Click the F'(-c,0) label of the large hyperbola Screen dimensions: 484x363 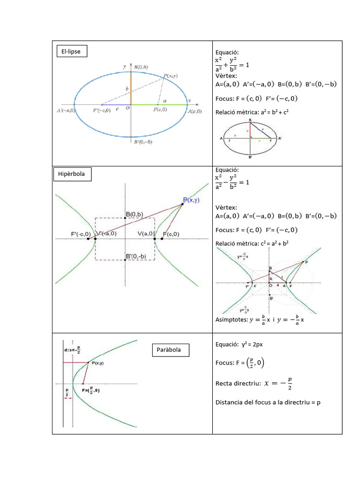coord(81,233)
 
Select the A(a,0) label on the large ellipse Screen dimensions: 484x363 coord(194,112)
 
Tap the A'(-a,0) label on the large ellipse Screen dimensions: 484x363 coord(65,111)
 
